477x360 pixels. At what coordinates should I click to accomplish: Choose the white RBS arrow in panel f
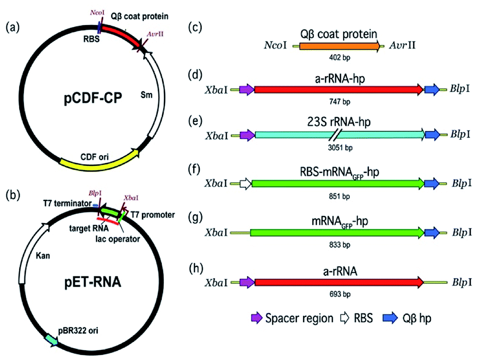(x=245, y=183)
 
